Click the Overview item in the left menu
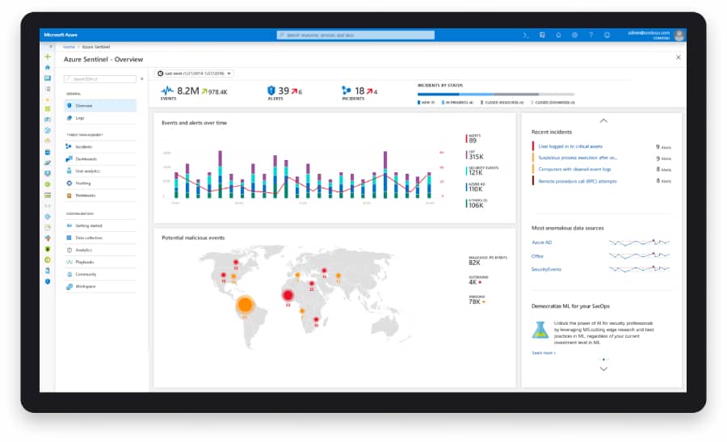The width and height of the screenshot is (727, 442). [85, 106]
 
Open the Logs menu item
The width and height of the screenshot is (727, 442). [80, 118]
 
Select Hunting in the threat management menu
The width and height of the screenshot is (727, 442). [83, 183]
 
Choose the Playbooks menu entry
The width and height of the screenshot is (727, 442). [85, 262]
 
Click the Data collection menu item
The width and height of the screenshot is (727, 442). [89, 238]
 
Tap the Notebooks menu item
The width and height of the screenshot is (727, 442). [85, 196]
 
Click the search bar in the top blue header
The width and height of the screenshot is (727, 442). [355, 36]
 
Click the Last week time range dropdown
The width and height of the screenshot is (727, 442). [195, 74]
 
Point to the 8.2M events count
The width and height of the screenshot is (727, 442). [187, 91]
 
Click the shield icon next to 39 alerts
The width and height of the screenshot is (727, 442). [271, 91]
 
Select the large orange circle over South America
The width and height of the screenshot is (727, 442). [246, 305]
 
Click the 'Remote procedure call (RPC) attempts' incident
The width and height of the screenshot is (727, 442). [577, 181]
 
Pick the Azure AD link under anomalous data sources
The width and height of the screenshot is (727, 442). [541, 242]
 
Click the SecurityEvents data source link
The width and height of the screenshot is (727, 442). [546, 269]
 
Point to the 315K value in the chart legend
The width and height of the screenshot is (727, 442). [477, 157]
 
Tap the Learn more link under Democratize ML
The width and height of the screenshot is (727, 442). [543, 352]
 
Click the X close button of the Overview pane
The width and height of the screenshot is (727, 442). [677, 58]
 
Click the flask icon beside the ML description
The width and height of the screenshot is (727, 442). [540, 330]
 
